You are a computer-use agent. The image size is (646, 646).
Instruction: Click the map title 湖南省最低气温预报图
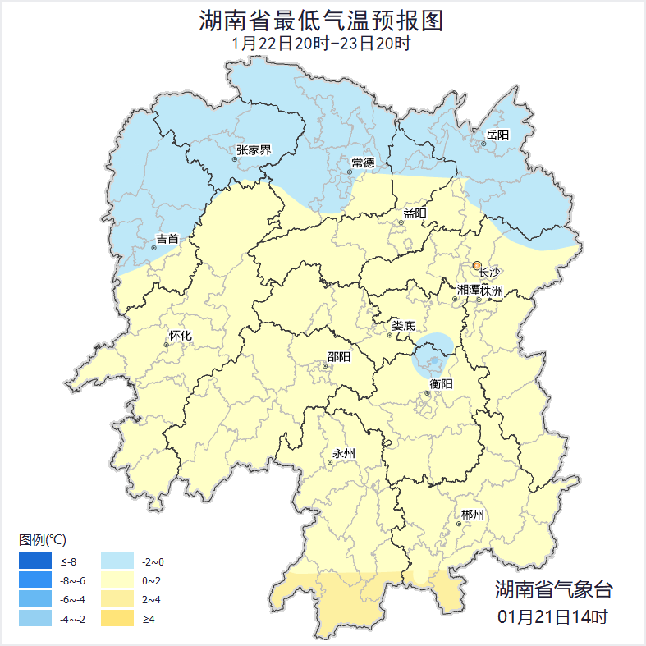321,20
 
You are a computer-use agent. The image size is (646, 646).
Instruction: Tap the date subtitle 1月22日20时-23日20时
321,43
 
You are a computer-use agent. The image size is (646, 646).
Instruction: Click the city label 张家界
253,149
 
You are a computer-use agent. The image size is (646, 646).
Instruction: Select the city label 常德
362,163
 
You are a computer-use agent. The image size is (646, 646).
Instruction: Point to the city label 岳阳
497,134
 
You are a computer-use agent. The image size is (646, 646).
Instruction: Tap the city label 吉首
167,239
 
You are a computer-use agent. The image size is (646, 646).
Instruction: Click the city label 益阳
415,214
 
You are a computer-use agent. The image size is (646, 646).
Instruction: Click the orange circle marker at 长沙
477,265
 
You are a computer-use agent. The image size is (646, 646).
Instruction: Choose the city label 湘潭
467,291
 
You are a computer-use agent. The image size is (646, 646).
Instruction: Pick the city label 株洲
492,291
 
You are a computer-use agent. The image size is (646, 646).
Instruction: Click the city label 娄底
402,325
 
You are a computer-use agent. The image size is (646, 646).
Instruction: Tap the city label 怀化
180,336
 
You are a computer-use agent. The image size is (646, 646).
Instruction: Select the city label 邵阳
338,356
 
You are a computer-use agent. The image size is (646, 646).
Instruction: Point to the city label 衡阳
441,383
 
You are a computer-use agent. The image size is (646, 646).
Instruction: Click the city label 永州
343,453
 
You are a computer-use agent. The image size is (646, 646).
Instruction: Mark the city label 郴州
472,515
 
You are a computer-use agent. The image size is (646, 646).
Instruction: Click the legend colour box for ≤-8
35,561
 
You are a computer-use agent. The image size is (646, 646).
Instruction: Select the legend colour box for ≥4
117,618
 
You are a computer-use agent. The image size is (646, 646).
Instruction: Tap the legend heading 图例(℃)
42,539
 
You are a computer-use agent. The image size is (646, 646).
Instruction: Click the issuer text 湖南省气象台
553,589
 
